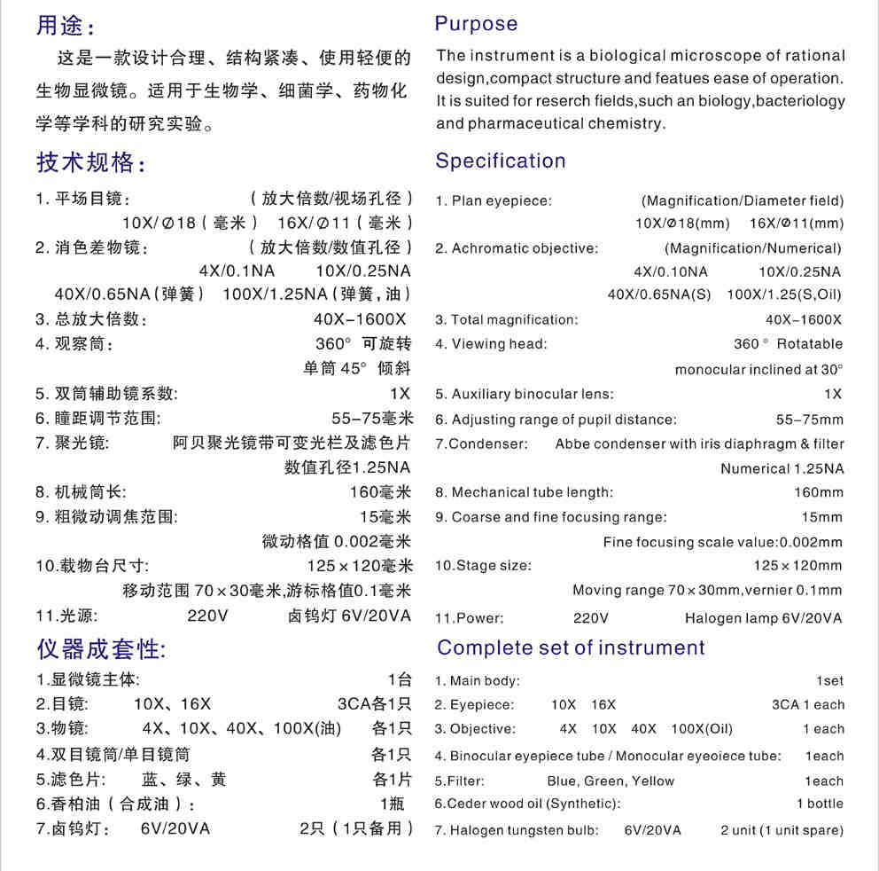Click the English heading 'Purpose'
[x=476, y=24]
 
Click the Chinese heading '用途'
[x=64, y=26]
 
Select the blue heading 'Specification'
[x=500, y=161]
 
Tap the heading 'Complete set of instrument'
[x=571, y=647]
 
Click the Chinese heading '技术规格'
[x=89, y=163]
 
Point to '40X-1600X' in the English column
[x=804, y=320]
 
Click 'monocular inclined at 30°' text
[x=758, y=370]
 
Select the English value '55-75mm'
[x=810, y=420]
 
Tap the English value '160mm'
[x=819, y=492]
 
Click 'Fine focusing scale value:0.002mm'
[x=723, y=542]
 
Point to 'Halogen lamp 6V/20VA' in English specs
[x=763, y=618]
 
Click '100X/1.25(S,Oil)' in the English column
[x=784, y=295]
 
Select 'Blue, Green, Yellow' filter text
[x=611, y=781]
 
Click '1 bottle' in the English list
[x=820, y=804]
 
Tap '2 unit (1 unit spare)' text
[x=782, y=831]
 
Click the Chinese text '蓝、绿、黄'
[x=183, y=780]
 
